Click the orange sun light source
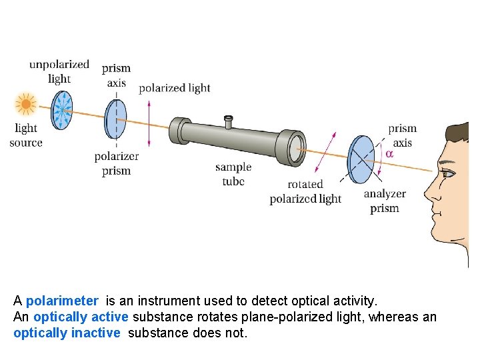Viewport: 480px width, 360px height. click(x=26, y=104)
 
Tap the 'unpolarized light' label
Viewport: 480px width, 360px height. click(x=59, y=71)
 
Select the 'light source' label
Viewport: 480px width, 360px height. click(x=26, y=135)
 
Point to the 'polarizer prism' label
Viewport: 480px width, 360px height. click(x=117, y=163)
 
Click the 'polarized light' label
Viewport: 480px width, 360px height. click(x=174, y=88)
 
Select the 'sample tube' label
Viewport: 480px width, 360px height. click(x=233, y=174)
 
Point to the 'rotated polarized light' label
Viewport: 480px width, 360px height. click(x=305, y=191)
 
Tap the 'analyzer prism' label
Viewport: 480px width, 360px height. click(x=385, y=201)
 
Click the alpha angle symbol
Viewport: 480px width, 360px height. click(x=390, y=153)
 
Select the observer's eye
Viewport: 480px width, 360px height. click(x=447, y=173)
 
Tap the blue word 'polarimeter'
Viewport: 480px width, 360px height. click(x=62, y=301)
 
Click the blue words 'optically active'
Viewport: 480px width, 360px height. click(x=81, y=317)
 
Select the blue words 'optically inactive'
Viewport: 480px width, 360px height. click(x=67, y=333)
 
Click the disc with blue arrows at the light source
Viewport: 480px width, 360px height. click(x=62, y=109)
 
